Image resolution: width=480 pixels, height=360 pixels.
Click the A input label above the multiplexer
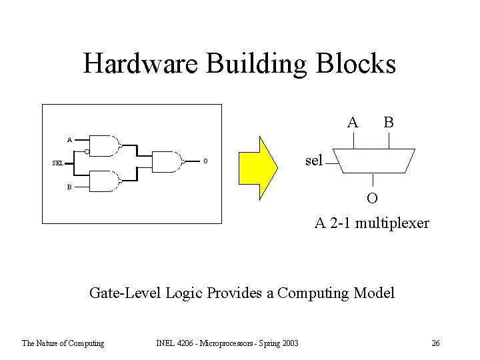[x=353, y=122]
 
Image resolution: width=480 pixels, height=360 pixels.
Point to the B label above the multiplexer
[x=388, y=122]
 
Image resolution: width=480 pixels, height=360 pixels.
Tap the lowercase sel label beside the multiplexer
[x=313, y=160]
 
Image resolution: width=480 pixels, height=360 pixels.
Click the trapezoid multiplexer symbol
[x=373, y=160]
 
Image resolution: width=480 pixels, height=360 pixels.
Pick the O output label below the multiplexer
[x=372, y=198]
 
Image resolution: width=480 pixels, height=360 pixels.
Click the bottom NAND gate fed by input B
[x=105, y=181]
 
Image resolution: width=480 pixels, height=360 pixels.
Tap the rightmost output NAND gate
[x=168, y=161]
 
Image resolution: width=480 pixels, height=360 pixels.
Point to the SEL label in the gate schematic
[x=58, y=163]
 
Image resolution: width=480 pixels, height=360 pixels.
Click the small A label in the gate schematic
[x=69, y=140]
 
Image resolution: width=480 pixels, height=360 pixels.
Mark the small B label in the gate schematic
[x=69, y=187]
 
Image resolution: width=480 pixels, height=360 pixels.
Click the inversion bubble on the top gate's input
[x=87, y=153]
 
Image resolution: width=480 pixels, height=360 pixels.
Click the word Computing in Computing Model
[x=313, y=293]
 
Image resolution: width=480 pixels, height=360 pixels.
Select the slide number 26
[x=435, y=343]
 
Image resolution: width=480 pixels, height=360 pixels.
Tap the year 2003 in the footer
[x=289, y=343]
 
